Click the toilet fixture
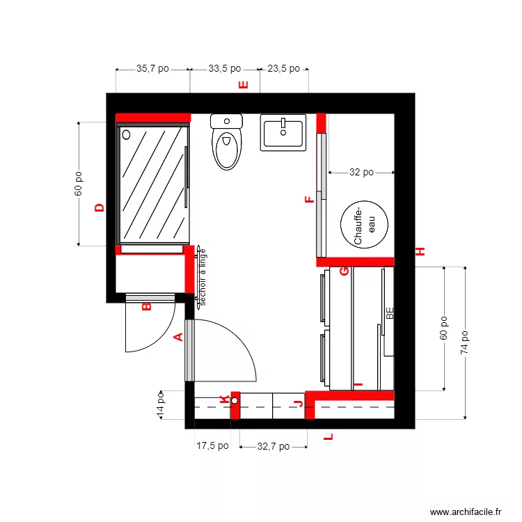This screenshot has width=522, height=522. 226,143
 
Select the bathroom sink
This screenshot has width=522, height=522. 283,132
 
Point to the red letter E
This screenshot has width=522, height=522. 244,86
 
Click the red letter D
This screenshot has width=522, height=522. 100,207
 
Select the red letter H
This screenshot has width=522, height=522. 420,252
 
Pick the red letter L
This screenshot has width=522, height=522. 329,438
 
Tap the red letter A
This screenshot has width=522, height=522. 177,338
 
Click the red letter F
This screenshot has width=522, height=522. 310,200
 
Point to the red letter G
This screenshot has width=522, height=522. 344,271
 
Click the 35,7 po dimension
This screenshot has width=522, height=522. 152,69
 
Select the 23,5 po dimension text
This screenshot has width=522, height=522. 283,69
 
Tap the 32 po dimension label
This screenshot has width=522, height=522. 361,172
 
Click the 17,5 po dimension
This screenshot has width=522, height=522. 212,447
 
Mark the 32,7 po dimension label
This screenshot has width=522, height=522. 273,447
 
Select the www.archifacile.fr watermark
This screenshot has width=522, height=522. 466,512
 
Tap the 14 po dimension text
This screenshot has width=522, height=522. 161,404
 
